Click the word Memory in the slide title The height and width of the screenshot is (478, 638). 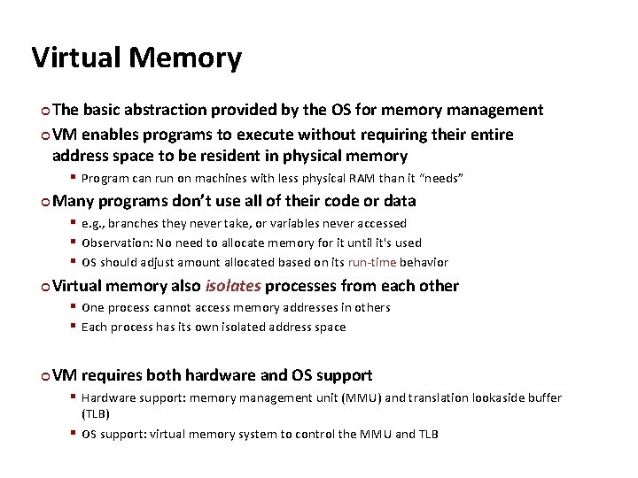tap(185, 58)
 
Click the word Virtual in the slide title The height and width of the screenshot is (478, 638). tap(75, 58)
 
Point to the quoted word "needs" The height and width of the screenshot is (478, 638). tap(441, 179)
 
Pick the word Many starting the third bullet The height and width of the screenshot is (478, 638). tap(74, 201)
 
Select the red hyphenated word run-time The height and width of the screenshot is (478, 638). tap(373, 262)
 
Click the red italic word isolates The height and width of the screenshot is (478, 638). tap(232, 286)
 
